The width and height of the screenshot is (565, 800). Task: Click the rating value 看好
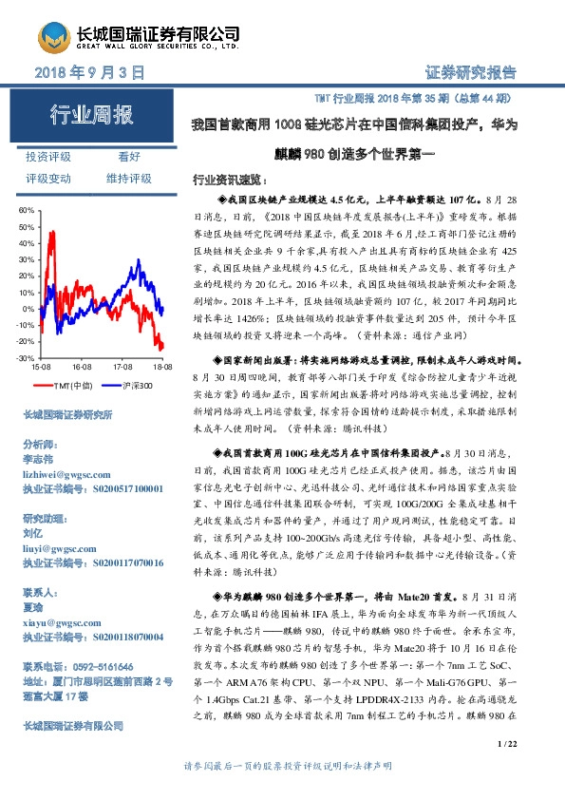[129, 156]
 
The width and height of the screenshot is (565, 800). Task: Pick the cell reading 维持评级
[129, 178]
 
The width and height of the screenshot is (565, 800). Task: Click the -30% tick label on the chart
[25, 358]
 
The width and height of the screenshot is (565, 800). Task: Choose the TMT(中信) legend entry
[72, 385]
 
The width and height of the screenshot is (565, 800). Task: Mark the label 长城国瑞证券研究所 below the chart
[67, 415]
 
